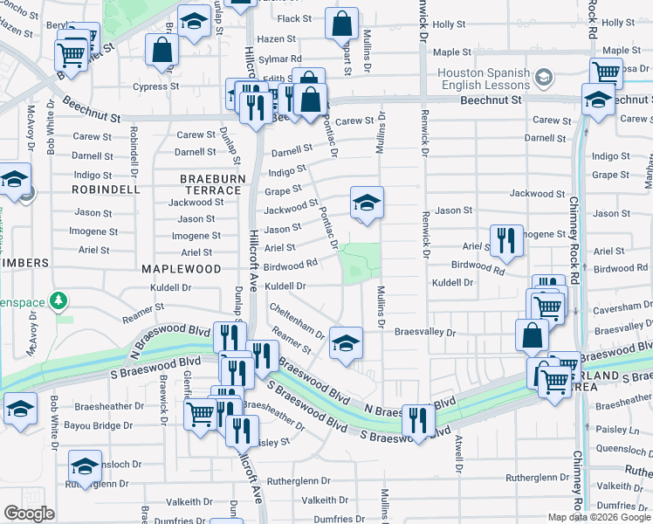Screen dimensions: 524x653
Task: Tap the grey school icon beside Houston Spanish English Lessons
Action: pos(544,79)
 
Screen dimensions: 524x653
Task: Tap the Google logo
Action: pos(29,514)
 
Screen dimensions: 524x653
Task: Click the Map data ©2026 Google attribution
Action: pos(600,517)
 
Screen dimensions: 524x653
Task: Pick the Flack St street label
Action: pos(295,18)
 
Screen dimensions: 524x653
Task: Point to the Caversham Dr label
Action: pos(620,310)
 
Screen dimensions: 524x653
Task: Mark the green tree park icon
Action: pos(59,301)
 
